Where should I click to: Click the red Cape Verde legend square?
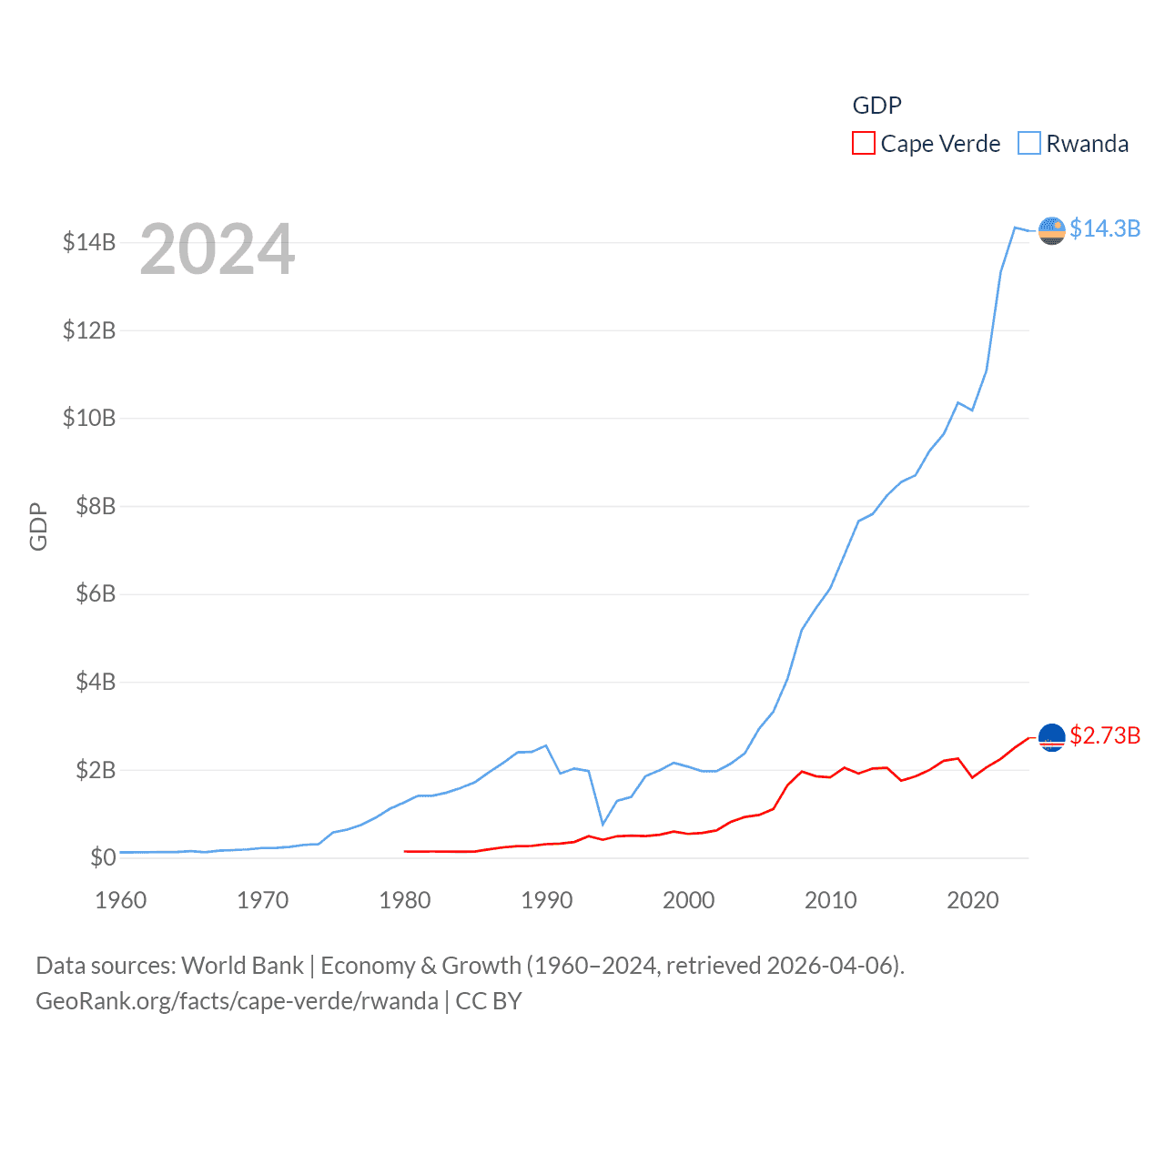pos(863,144)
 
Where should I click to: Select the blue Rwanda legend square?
pos(1028,144)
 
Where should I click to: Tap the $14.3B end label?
pos(1104,228)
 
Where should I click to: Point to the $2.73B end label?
pos(1104,735)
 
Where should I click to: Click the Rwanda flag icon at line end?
pos(1051,230)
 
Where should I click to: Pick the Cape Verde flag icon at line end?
pos(1051,737)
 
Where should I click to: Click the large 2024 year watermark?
pos(217,249)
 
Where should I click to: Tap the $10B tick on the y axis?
pos(89,418)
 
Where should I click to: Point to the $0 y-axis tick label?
pos(103,857)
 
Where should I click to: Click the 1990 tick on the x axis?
pos(546,900)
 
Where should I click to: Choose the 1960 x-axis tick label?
pos(121,900)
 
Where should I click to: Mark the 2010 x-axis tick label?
pos(830,900)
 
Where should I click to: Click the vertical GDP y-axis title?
pos(38,526)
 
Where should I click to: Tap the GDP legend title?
pos(876,106)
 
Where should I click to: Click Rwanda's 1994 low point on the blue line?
pos(603,824)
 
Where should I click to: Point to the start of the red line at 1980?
pos(405,851)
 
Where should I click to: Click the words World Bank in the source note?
pos(242,966)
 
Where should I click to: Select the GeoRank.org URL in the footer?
pos(237,1001)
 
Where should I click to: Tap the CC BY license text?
pos(489,1001)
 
